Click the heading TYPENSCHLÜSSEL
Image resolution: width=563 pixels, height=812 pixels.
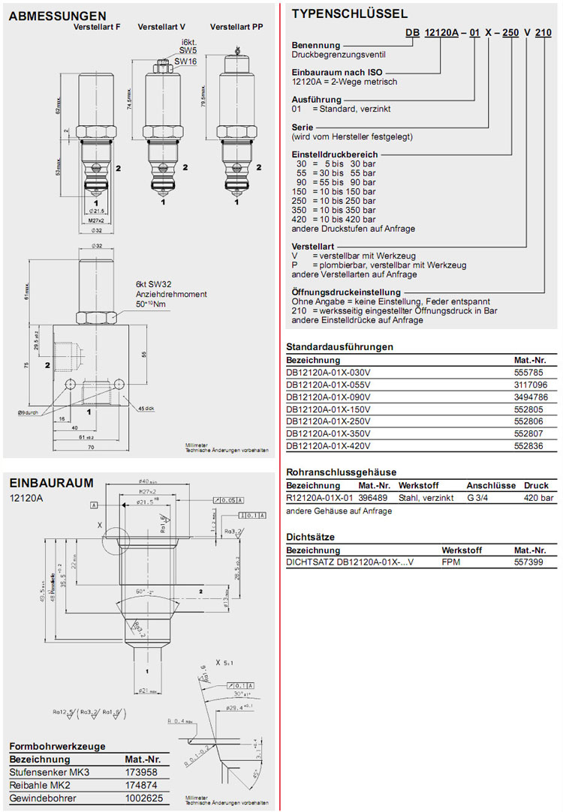point(349,13)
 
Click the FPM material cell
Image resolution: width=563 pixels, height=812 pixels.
point(451,561)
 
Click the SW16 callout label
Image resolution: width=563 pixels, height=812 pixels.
point(185,61)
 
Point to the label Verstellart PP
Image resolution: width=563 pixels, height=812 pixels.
point(236,27)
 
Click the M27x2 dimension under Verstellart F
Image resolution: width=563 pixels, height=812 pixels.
point(98,221)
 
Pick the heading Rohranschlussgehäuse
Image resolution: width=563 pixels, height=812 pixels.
point(341,472)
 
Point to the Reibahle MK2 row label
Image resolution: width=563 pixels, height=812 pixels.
point(42,784)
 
